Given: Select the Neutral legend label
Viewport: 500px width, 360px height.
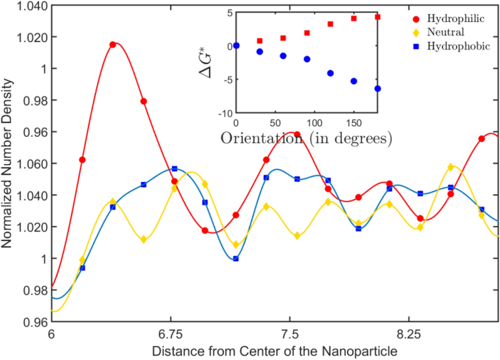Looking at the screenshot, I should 445,32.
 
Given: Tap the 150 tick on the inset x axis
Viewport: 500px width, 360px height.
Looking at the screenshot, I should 354,123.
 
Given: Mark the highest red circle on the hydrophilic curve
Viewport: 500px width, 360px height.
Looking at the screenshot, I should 113,45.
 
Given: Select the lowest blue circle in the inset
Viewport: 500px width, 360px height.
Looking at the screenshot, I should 378,89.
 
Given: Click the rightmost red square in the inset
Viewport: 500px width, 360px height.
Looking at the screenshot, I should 378,17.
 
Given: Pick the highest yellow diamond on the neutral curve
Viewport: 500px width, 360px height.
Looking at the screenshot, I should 451,167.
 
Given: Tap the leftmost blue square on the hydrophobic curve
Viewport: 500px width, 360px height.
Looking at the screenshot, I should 83,268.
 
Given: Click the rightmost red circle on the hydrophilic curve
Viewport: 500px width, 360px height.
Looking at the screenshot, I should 481,139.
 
